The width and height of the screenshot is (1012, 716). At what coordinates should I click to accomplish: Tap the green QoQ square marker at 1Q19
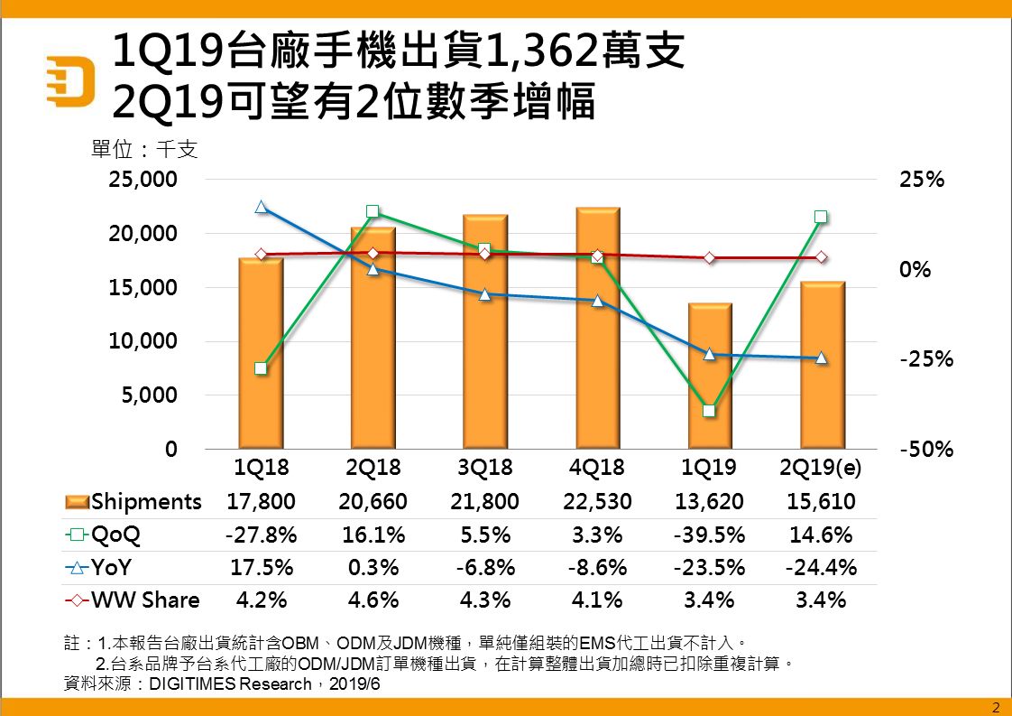(x=709, y=411)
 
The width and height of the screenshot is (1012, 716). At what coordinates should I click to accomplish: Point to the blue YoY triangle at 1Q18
(x=262, y=207)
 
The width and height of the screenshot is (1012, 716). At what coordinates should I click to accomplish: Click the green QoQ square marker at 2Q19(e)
(x=821, y=217)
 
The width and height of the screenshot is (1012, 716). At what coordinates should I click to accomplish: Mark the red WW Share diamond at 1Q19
(x=710, y=258)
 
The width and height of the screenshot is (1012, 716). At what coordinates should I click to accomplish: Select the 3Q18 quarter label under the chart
(x=486, y=468)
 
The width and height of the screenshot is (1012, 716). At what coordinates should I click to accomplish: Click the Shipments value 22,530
(x=598, y=501)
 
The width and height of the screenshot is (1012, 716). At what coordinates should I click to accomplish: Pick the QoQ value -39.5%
(x=710, y=535)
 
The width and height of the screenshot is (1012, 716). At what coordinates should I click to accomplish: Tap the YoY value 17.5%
(x=261, y=568)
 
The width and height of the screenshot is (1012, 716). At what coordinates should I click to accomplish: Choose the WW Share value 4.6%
(x=373, y=600)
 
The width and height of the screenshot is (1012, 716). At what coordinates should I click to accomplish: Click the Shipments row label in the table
(x=146, y=501)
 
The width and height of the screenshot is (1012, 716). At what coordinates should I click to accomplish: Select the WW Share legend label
(x=145, y=600)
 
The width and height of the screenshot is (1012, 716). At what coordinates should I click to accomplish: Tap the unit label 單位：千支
(x=144, y=147)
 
